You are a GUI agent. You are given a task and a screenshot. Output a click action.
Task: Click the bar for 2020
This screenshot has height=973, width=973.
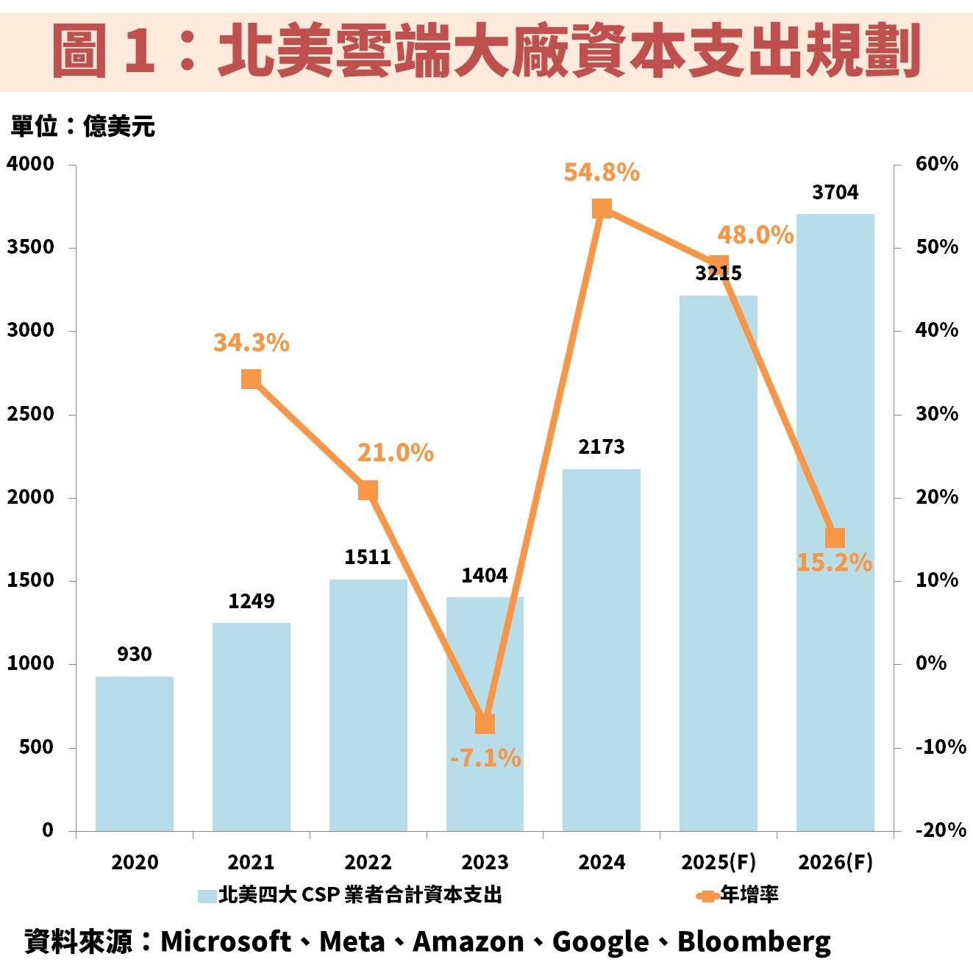pos(135,754)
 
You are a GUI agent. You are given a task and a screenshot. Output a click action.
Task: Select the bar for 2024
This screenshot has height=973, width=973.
pos(602,650)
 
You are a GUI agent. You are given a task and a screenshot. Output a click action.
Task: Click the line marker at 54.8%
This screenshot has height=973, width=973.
pos(602,210)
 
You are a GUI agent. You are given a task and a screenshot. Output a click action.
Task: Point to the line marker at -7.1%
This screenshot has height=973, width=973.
pos(485,724)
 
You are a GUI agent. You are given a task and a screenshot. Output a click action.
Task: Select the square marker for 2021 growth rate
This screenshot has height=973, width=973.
pos(251,379)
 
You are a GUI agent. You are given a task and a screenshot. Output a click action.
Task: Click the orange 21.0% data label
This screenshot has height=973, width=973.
pos(395,453)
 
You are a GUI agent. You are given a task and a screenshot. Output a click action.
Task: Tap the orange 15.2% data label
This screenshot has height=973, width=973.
pos(834,563)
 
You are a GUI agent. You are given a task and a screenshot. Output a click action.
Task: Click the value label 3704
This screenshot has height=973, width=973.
pos(835,193)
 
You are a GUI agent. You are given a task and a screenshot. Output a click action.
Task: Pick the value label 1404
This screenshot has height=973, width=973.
pos(485,576)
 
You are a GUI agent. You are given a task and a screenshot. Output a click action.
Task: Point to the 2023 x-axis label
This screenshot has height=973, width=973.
pos(485,862)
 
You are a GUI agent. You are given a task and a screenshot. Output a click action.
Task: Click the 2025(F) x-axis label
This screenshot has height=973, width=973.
pos(718,862)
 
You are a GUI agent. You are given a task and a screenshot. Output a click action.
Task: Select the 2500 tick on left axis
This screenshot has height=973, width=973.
pos(31,414)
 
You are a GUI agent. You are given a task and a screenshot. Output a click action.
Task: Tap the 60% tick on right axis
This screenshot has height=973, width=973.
pos(936,164)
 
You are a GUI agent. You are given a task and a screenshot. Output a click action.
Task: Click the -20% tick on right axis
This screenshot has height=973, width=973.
pos(940,830)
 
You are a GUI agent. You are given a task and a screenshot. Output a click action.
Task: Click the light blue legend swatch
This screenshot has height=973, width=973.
pos(207,896)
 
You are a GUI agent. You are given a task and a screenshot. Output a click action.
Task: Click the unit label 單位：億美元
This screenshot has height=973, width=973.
pos(82,126)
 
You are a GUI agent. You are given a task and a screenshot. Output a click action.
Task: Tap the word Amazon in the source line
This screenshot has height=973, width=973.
pos(468,941)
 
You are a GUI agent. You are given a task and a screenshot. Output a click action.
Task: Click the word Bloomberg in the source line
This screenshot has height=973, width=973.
pos(754,941)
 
